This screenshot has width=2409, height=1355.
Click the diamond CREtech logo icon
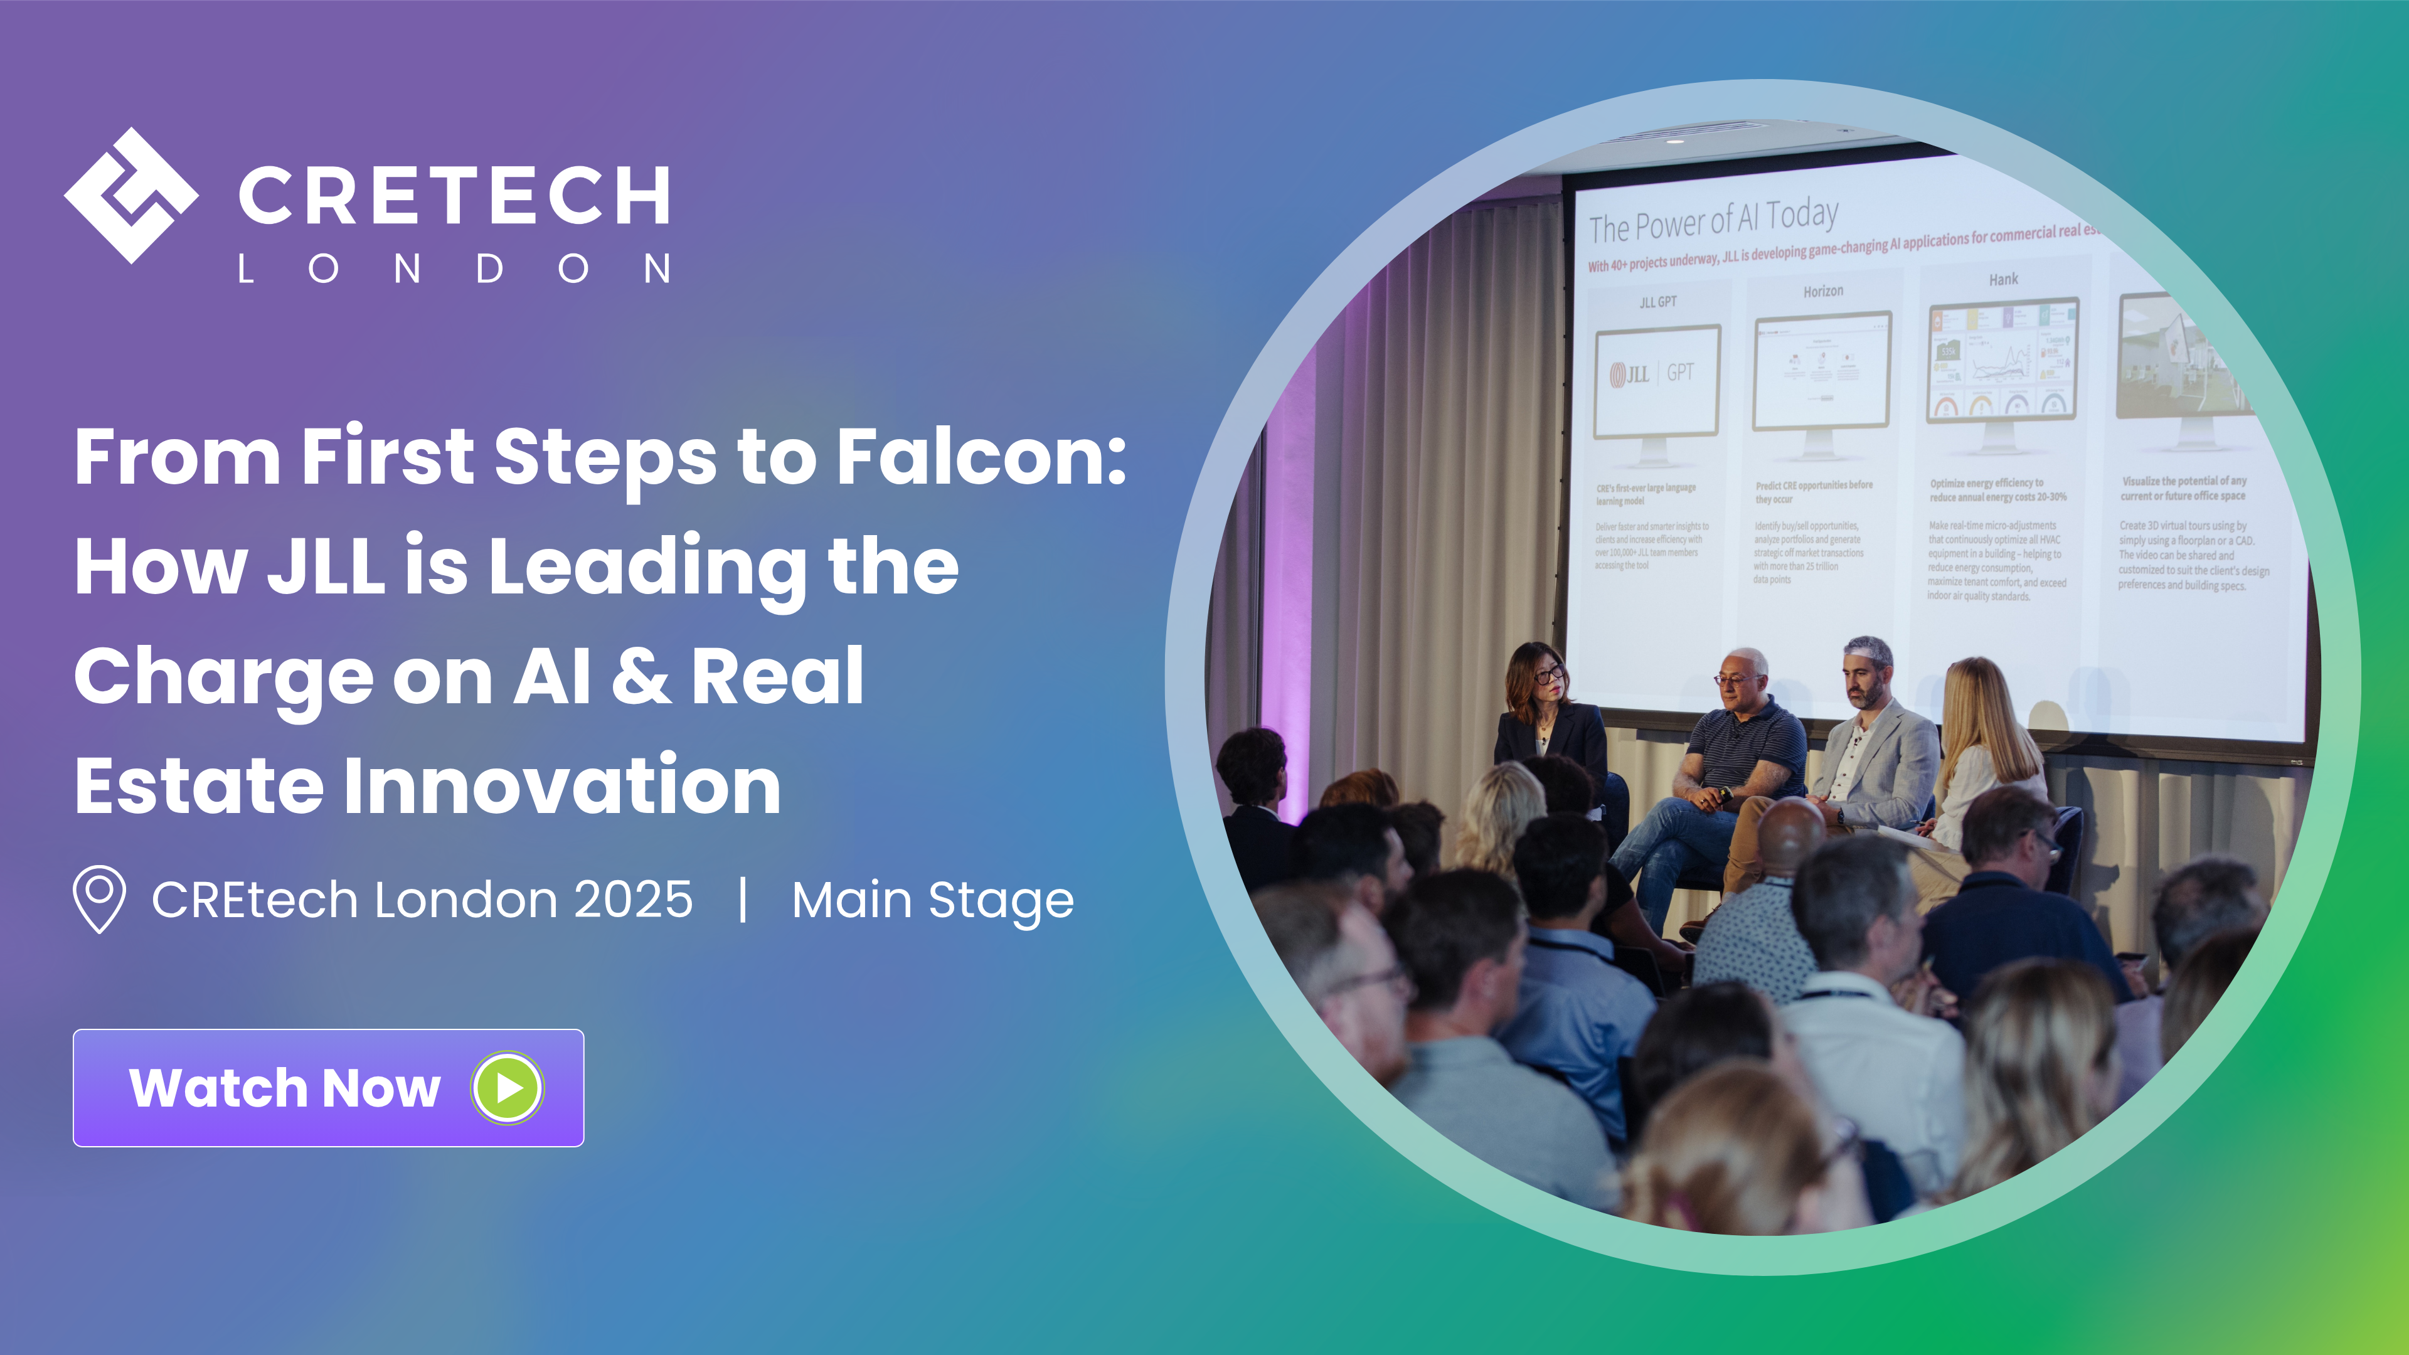tap(131, 196)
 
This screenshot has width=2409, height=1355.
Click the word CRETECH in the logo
tap(454, 196)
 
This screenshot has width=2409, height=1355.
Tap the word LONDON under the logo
tap(454, 269)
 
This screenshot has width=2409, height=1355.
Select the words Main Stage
tap(932, 901)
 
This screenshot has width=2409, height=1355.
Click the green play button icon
tap(507, 1088)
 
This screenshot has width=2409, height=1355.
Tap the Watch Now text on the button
tap(284, 1088)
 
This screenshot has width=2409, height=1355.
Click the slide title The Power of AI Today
tap(1713, 221)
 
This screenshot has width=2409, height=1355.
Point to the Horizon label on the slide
tap(1822, 292)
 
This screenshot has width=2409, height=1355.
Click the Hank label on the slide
tap(2003, 280)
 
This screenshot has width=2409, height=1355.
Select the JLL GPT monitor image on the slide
tap(1656, 383)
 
